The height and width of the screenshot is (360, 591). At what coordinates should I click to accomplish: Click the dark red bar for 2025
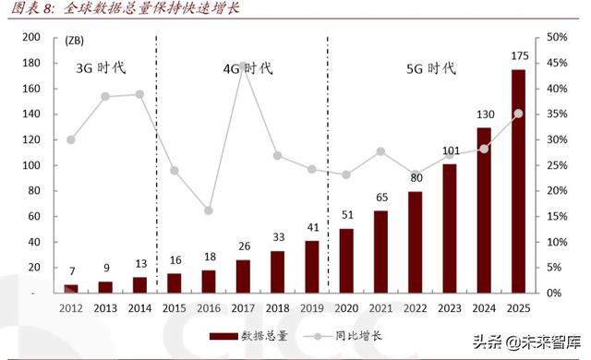pos(519,181)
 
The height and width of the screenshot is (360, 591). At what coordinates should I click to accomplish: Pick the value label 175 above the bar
pos(519,56)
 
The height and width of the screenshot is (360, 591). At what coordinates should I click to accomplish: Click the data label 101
pos(450,151)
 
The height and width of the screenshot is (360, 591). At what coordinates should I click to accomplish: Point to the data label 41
pos(313,227)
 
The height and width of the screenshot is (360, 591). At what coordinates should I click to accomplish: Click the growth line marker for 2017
pos(244,66)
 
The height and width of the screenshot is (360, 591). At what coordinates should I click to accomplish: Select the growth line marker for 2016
pos(209,210)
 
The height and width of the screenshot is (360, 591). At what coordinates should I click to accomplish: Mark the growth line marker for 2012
pos(71,139)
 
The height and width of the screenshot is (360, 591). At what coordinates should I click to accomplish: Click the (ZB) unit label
pos(79,42)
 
